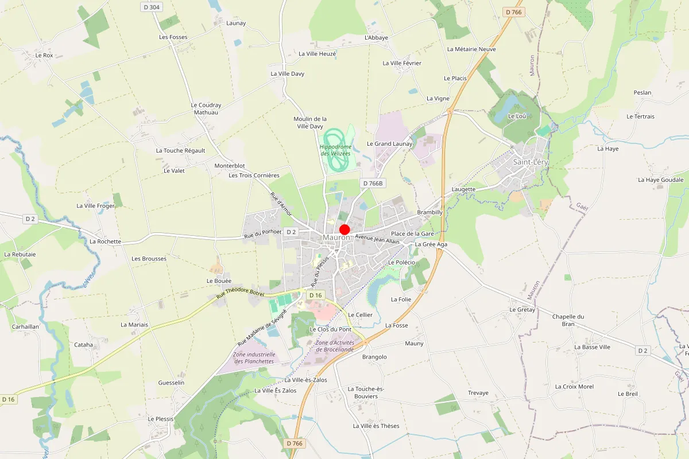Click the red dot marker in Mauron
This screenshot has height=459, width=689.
coord(344,229)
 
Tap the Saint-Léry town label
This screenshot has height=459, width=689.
coord(531,162)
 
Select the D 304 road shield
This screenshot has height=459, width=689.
coord(152,7)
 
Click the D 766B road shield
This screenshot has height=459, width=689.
coord(372,183)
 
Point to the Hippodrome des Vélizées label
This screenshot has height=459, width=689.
coord(335,150)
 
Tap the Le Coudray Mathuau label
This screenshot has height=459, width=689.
coord(206,109)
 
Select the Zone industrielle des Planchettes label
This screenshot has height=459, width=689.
coord(253,358)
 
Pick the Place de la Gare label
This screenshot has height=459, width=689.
coord(412,234)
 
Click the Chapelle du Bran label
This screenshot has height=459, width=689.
coord(568,320)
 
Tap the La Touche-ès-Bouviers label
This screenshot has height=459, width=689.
coord(366,392)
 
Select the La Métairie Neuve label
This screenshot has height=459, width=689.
coord(471,49)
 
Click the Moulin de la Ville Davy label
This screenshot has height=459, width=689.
coord(310,122)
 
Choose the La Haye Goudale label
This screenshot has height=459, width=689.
coord(661,180)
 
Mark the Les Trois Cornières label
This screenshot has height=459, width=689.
coord(254,175)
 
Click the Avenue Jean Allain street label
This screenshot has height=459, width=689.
coord(377,239)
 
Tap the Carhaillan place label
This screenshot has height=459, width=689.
coord(25,326)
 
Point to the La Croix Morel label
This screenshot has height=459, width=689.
coord(574,387)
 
